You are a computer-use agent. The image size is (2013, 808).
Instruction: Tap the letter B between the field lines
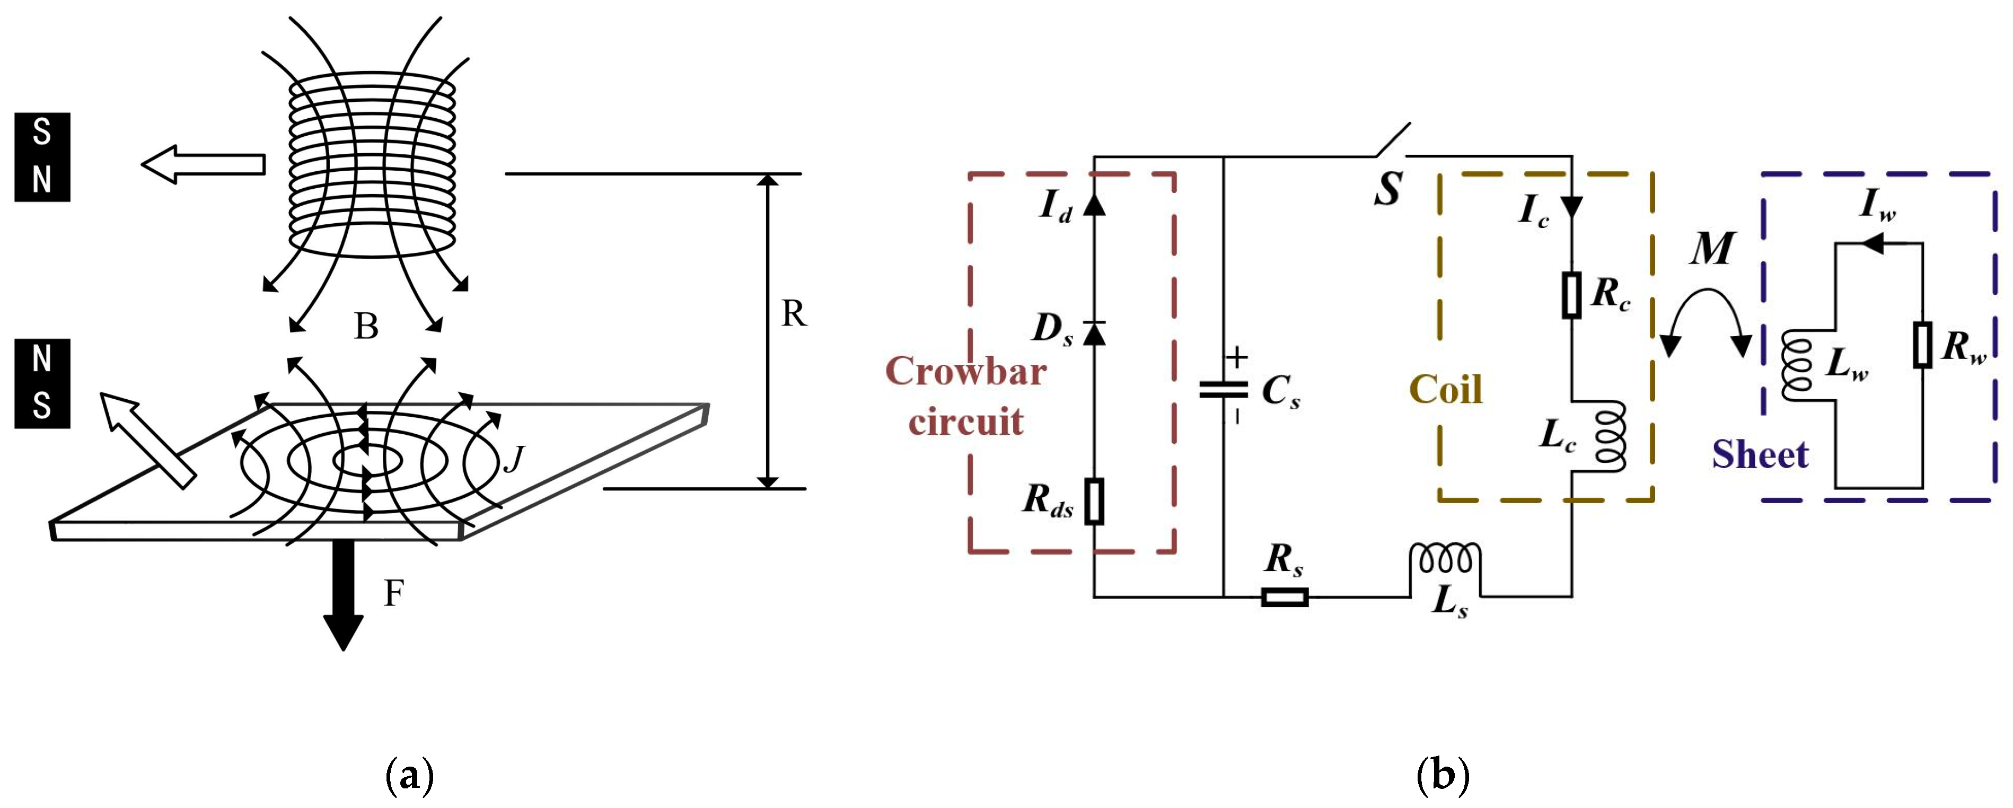click(366, 327)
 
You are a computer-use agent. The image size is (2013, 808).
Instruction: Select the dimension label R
click(793, 314)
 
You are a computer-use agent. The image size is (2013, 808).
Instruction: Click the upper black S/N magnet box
click(42, 157)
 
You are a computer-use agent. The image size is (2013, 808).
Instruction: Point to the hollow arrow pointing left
click(203, 164)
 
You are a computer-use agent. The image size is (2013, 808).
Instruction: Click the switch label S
click(1388, 190)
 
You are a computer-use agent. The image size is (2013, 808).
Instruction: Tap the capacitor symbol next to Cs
click(1224, 389)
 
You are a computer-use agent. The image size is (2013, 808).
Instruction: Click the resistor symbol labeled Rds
click(1094, 501)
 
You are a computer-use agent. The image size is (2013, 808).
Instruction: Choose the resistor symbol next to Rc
click(1571, 295)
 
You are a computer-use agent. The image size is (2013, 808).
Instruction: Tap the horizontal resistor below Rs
click(1285, 598)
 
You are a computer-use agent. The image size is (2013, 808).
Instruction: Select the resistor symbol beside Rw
click(1922, 345)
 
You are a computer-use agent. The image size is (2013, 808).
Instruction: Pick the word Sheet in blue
click(1760, 455)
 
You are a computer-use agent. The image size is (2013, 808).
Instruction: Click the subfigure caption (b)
click(1443, 776)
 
